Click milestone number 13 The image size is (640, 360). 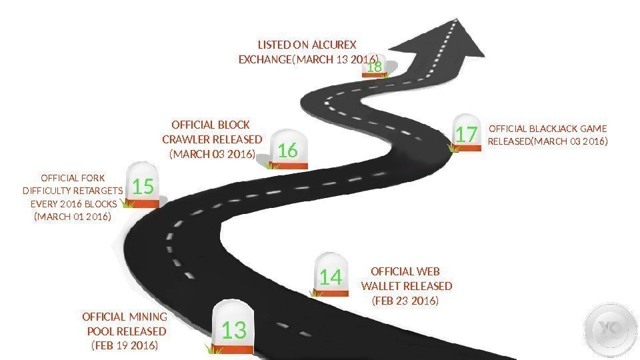[x=234, y=330]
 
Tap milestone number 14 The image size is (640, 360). [x=330, y=277]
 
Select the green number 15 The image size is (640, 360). [x=143, y=188]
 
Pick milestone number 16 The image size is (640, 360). [x=287, y=151]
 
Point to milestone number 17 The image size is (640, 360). [x=467, y=135]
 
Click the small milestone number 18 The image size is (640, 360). [x=375, y=67]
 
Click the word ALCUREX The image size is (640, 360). [x=334, y=45]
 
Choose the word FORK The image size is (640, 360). [x=92, y=178]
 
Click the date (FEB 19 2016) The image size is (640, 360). [x=124, y=345]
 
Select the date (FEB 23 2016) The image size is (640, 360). [x=405, y=301]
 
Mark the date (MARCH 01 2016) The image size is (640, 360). [x=72, y=217]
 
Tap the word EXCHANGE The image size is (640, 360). [x=265, y=60]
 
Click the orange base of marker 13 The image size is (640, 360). [x=233, y=349]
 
